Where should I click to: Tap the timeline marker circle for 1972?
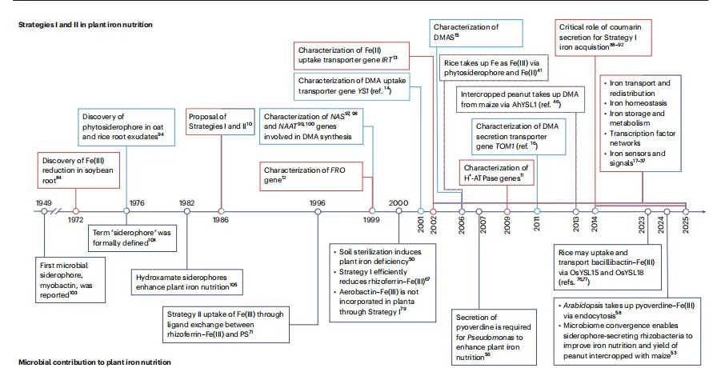(76, 212)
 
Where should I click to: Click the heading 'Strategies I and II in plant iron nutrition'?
(86, 25)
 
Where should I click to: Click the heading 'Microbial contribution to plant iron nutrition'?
(95, 362)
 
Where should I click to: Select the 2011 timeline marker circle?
(537, 212)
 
